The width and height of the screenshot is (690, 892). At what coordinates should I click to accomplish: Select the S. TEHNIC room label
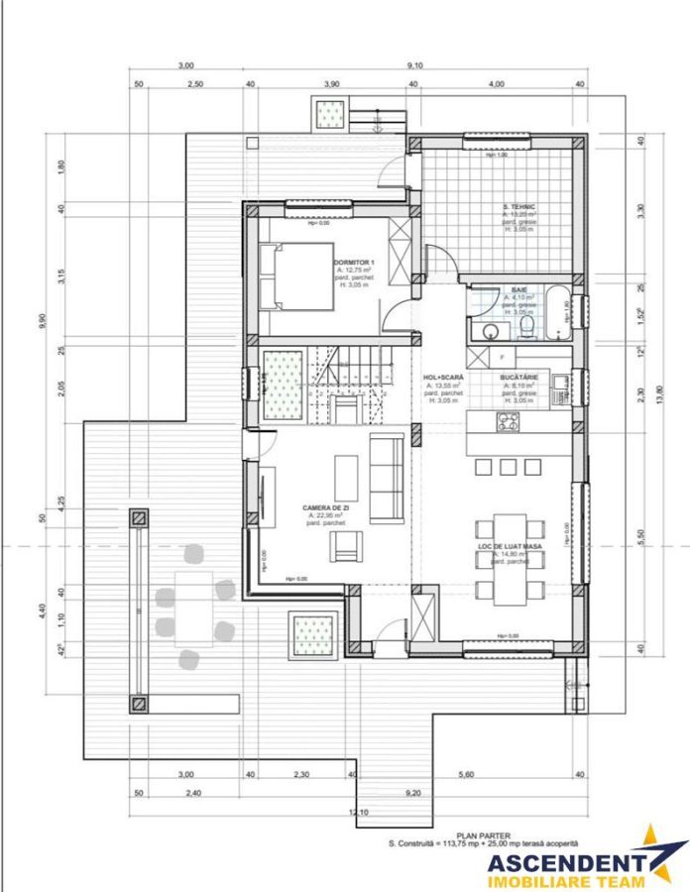(x=518, y=206)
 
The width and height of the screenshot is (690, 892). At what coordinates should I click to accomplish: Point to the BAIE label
(x=518, y=288)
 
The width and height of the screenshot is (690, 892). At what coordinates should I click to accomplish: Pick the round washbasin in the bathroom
(x=486, y=330)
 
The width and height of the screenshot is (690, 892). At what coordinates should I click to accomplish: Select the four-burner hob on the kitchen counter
(x=508, y=423)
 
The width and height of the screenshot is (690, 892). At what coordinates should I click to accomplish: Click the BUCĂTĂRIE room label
(x=519, y=378)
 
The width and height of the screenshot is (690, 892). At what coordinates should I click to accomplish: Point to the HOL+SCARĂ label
(x=442, y=378)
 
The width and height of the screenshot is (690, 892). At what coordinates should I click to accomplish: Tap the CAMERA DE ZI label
(x=326, y=506)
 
